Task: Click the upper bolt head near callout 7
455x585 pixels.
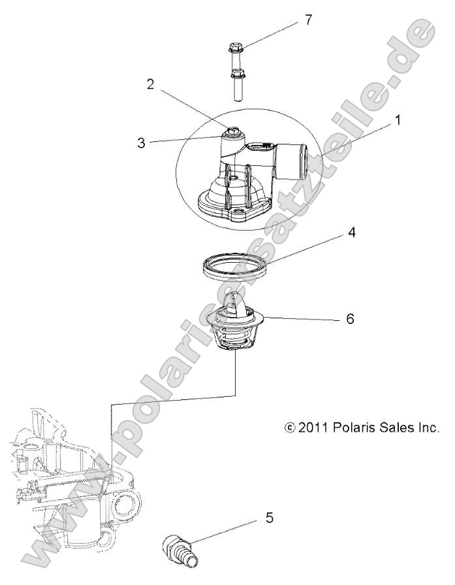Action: pyautogui.click(x=235, y=48)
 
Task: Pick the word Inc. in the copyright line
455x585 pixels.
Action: pyautogui.click(x=431, y=427)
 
